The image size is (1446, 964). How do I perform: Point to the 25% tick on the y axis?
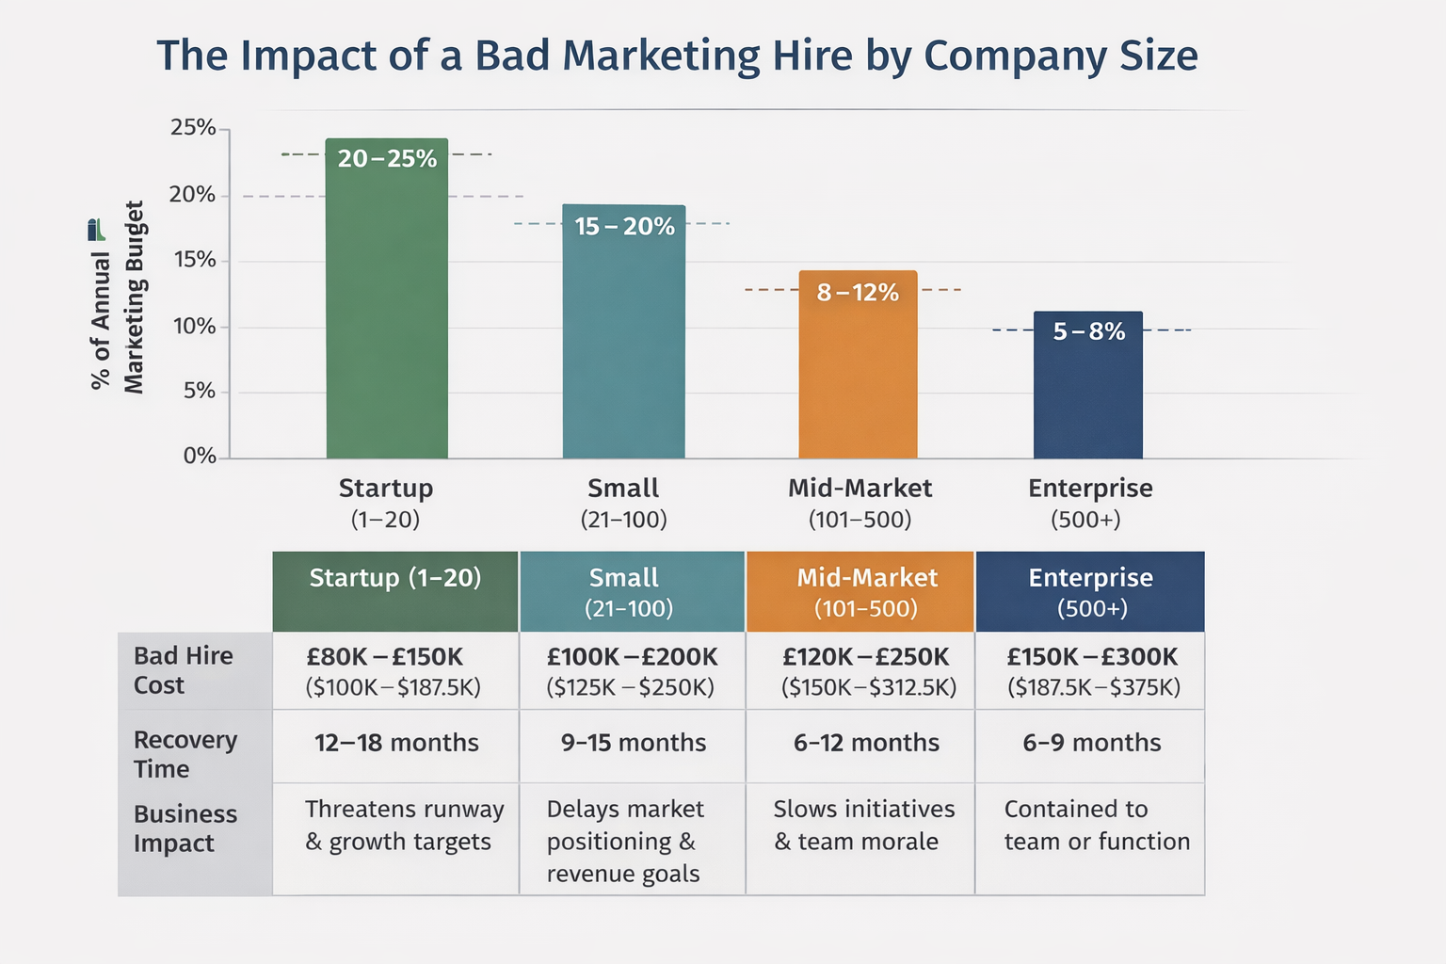tap(193, 127)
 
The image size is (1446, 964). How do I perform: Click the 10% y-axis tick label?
tap(193, 327)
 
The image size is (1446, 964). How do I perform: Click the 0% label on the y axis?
tap(200, 457)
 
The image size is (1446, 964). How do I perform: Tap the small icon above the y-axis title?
tap(96, 230)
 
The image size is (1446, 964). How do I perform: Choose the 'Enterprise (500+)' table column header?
tap(1090, 592)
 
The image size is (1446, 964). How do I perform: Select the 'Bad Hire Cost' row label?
tap(184, 670)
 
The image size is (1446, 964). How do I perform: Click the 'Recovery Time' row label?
tap(185, 754)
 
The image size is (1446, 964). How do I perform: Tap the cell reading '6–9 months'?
tap(1091, 743)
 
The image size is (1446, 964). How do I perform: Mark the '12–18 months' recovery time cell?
tap(396, 743)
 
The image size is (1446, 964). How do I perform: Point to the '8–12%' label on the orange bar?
tap(858, 293)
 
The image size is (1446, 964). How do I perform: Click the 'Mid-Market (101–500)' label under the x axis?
tap(860, 503)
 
